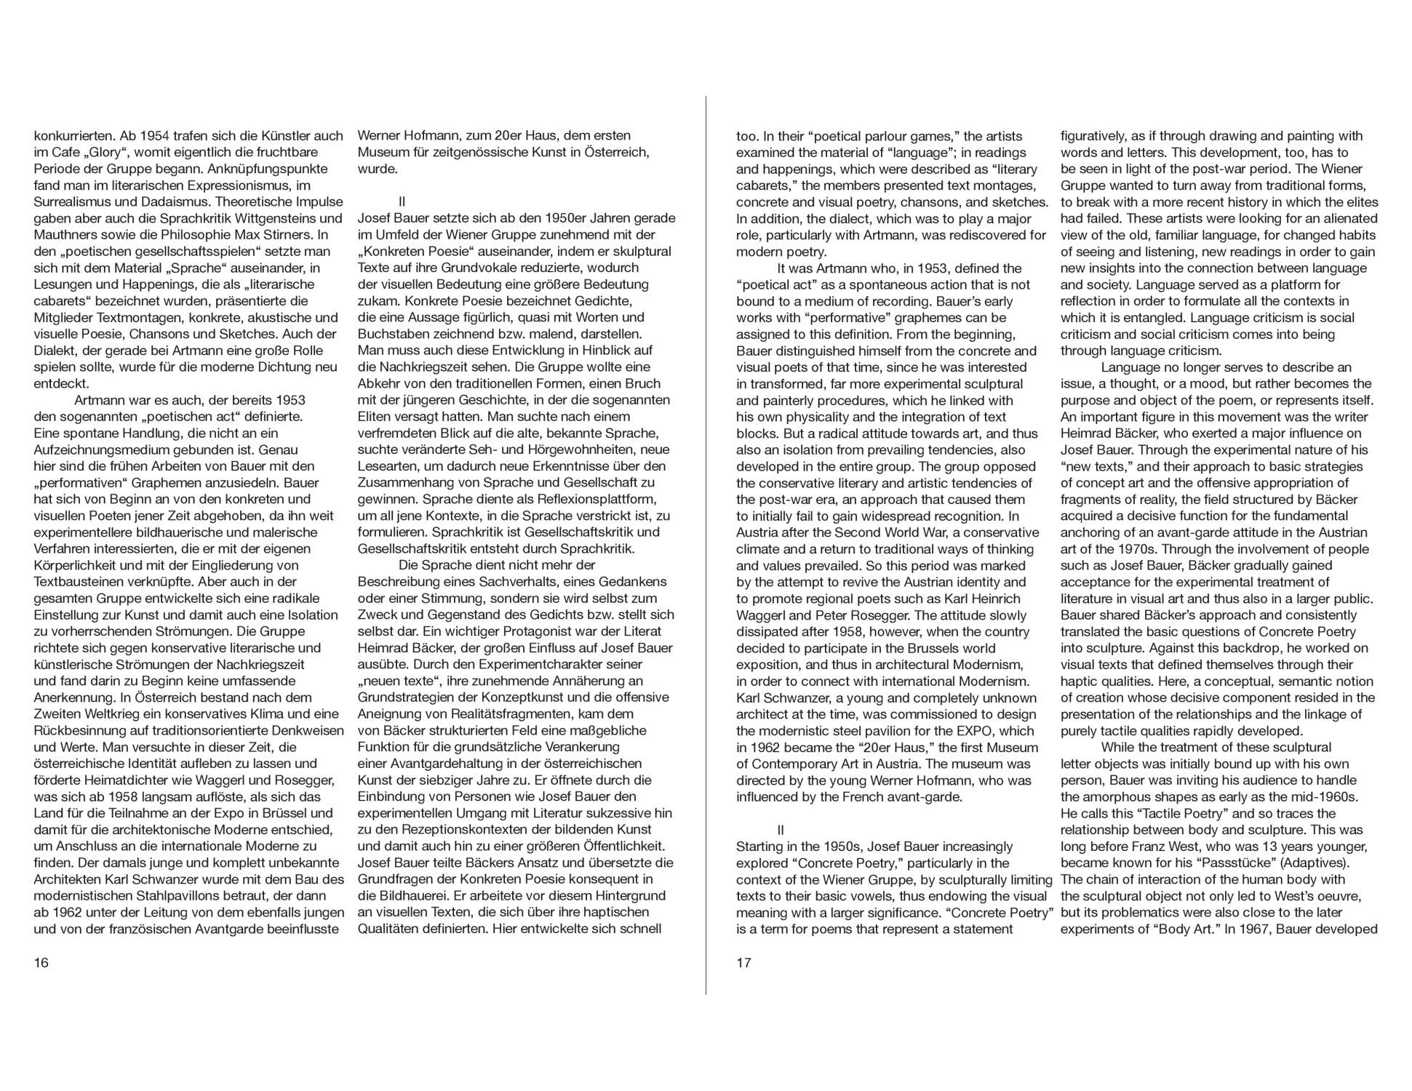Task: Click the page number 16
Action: (x=41, y=963)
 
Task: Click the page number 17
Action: (x=743, y=963)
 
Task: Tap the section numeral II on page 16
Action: (x=402, y=201)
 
